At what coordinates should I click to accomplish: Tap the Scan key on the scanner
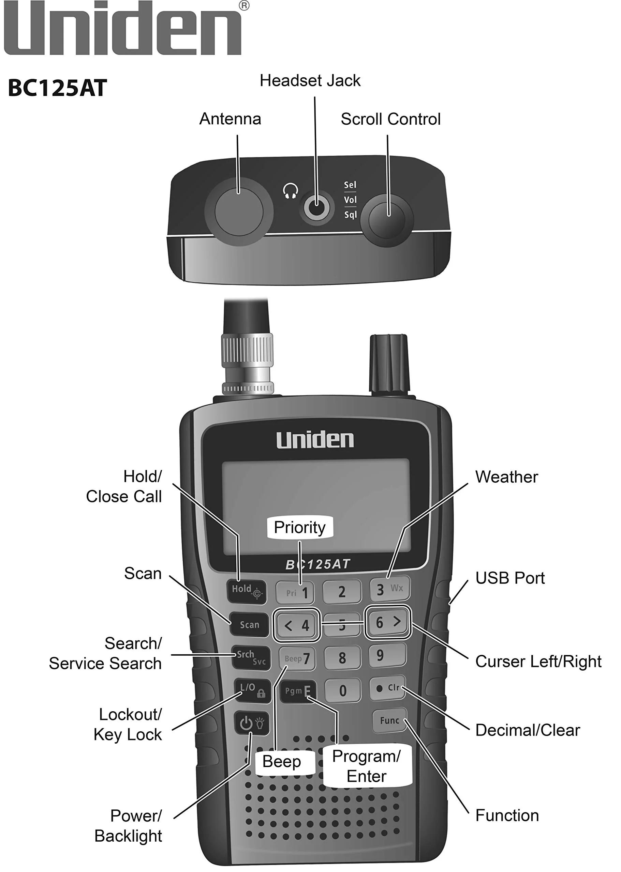tap(249, 625)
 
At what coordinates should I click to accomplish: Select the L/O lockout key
tap(252, 691)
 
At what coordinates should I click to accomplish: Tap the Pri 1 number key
tap(295, 593)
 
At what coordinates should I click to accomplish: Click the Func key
tap(389, 721)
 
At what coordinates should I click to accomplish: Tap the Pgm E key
tap(298, 691)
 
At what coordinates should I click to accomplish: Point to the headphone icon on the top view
tap(291, 191)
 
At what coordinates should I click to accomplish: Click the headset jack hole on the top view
tap(316, 207)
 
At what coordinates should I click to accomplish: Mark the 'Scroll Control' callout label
tap(390, 119)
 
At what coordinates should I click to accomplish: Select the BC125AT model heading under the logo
tap(57, 88)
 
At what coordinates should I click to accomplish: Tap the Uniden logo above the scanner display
tap(315, 440)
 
